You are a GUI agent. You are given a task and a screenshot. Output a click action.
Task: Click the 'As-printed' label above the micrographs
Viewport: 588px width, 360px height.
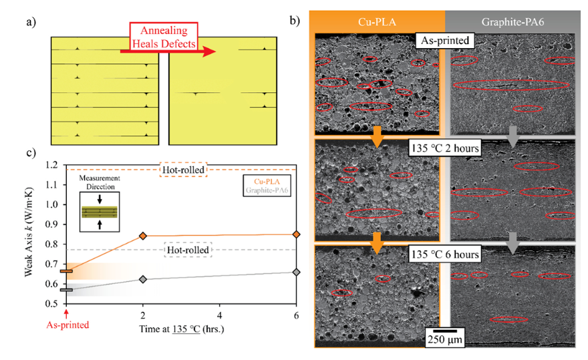tap(444, 40)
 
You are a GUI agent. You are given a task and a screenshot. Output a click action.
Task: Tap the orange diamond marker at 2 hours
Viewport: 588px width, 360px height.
tap(142, 236)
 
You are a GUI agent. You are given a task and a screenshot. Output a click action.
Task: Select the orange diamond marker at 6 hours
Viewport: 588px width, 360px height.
tap(297, 234)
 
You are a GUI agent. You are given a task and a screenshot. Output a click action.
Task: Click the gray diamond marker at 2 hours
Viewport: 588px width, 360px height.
tap(142, 279)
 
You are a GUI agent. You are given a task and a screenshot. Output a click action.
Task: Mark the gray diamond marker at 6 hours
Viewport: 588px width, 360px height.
tap(297, 272)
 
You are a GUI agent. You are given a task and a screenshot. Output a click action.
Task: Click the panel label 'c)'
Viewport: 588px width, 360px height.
tap(31, 152)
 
